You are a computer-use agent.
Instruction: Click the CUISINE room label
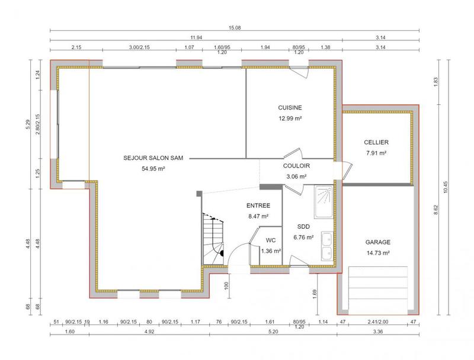[290, 108]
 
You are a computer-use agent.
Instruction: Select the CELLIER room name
[376, 143]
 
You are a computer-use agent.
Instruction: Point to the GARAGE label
[377, 242]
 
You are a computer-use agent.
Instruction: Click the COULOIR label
[297, 166]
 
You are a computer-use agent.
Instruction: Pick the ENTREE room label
[258, 205]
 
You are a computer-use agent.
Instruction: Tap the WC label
[271, 240]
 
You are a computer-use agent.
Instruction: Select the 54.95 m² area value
[152, 169]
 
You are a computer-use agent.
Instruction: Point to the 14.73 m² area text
[377, 253]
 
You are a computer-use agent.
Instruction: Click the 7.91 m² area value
[376, 153]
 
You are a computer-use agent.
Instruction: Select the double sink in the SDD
[326, 246]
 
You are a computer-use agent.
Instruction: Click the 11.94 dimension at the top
[196, 37]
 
